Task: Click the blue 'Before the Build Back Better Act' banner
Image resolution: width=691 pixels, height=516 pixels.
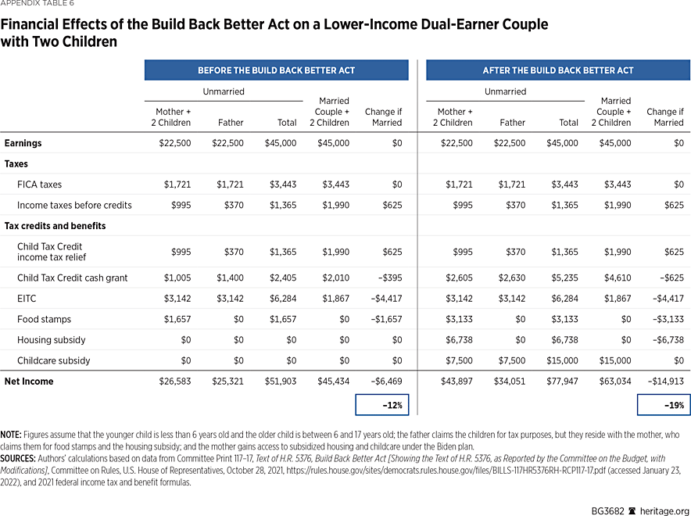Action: (276, 70)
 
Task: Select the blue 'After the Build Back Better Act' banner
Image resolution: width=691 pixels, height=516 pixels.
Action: (557, 70)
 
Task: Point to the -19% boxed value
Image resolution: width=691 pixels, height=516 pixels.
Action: (664, 405)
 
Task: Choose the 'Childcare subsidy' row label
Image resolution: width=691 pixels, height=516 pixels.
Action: (53, 361)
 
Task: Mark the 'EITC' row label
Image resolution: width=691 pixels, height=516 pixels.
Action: (27, 299)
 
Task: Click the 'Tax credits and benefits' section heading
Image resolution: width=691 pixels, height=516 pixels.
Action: (55, 226)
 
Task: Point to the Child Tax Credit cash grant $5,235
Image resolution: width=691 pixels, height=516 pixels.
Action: (564, 278)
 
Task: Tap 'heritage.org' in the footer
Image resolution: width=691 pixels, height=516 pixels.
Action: (664, 507)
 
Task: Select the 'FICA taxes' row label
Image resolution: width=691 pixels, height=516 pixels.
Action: (39, 185)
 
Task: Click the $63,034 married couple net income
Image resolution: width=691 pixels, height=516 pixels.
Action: (614, 382)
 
